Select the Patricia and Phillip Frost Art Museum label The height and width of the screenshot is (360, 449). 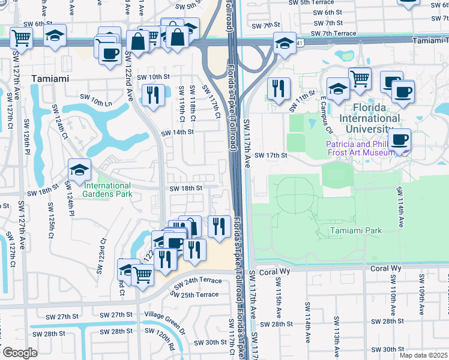point(361,148)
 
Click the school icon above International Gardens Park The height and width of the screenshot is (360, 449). point(79,170)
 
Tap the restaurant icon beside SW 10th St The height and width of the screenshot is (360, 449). point(153,94)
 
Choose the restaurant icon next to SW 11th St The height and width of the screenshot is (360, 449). point(279,88)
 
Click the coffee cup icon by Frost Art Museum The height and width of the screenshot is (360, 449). point(399,140)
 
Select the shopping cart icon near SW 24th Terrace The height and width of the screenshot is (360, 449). point(143,275)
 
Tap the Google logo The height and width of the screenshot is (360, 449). point(19,353)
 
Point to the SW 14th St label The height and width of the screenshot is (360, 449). point(178,132)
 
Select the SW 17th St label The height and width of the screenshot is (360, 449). point(271,155)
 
